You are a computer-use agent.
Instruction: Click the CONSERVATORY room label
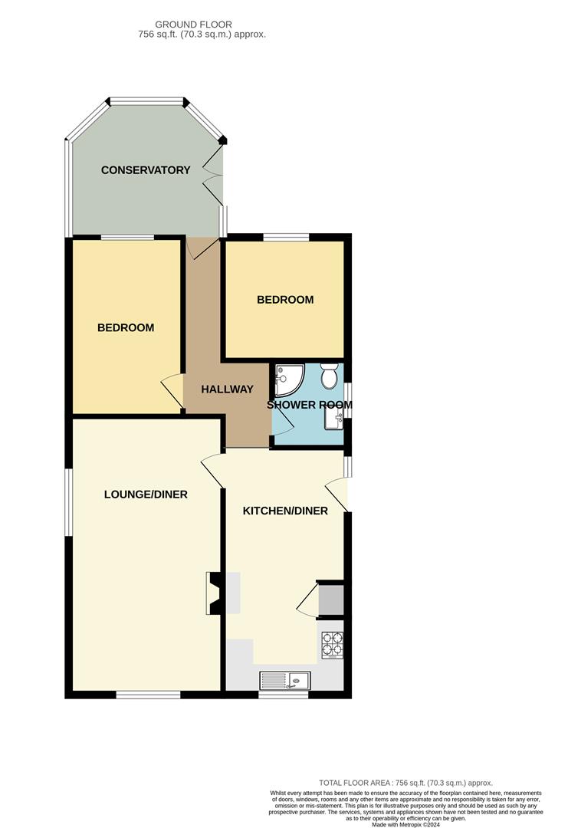tap(146, 170)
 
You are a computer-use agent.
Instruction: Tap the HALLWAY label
tap(227, 389)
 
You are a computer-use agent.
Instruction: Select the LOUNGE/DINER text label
tap(146, 495)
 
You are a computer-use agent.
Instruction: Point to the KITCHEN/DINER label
tap(285, 511)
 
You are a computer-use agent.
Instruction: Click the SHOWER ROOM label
tap(310, 405)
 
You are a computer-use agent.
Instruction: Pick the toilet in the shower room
tap(330, 376)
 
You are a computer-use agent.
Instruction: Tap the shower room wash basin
tap(333, 420)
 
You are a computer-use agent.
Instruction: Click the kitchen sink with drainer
tap(284, 680)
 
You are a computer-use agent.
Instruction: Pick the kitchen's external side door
tap(337, 495)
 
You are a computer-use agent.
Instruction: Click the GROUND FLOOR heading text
tap(193, 25)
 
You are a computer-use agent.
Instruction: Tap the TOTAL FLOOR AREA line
tap(405, 783)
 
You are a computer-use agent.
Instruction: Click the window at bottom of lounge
tap(149, 695)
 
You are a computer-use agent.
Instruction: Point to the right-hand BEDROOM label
tap(285, 300)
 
